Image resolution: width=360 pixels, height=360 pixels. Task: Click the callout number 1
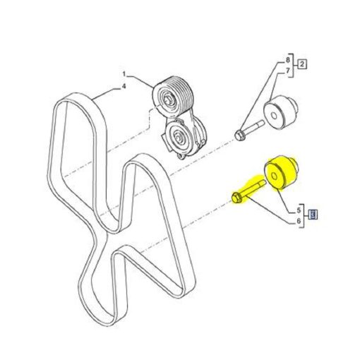pyautogui.click(x=124, y=74)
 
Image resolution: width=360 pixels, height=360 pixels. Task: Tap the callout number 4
pyautogui.click(x=124, y=87)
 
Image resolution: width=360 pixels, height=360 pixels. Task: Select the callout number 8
pyautogui.click(x=287, y=60)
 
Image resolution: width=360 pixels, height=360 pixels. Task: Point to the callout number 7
pyautogui.click(x=287, y=71)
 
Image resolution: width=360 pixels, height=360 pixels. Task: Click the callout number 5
pyautogui.click(x=299, y=210)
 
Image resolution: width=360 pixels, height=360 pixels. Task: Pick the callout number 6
pyautogui.click(x=299, y=221)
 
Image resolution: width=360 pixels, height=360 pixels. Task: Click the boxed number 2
pyautogui.click(x=302, y=64)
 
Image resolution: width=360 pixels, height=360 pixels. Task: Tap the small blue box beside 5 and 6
pyautogui.click(x=313, y=215)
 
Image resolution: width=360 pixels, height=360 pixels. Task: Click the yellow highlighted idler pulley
pyautogui.click(x=280, y=172)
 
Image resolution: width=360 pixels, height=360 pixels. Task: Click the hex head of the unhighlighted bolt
pyautogui.click(x=240, y=136)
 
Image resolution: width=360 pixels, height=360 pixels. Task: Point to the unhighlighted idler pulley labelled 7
pyautogui.click(x=281, y=112)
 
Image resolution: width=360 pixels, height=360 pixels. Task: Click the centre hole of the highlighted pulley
pyautogui.click(x=274, y=176)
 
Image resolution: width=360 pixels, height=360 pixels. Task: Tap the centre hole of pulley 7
pyautogui.click(x=274, y=116)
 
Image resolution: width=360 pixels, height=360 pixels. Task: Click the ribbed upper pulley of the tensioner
pyautogui.click(x=173, y=96)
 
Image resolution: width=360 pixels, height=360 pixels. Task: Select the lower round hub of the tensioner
pyautogui.click(x=179, y=137)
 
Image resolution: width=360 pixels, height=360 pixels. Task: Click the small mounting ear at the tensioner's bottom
pyautogui.click(x=181, y=156)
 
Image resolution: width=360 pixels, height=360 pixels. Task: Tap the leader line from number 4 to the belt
pyautogui.click(x=107, y=93)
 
